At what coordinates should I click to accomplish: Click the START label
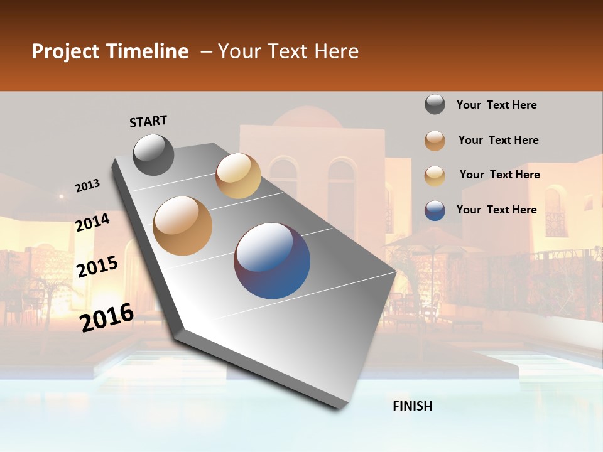pyautogui.click(x=148, y=121)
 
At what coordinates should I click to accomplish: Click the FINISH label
pyautogui.click(x=412, y=406)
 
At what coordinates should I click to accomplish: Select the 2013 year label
pyautogui.click(x=87, y=186)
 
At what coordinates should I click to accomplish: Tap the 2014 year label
pyautogui.click(x=93, y=222)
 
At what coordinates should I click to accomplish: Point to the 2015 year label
pyautogui.click(x=97, y=267)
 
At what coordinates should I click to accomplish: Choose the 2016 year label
pyautogui.click(x=107, y=318)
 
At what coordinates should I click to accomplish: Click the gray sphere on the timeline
pyautogui.click(x=153, y=154)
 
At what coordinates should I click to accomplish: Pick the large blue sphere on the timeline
pyautogui.click(x=272, y=261)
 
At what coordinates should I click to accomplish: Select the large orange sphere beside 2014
pyautogui.click(x=183, y=226)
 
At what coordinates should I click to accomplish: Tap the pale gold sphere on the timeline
pyautogui.click(x=238, y=176)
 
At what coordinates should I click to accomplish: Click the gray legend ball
pyautogui.click(x=435, y=105)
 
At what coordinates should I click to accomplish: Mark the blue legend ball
pyautogui.click(x=435, y=210)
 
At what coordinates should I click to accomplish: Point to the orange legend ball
pyautogui.click(x=435, y=141)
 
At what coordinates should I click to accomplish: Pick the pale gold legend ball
pyautogui.click(x=435, y=175)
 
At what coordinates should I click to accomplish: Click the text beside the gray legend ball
pyautogui.click(x=496, y=105)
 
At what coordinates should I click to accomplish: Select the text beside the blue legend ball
pyautogui.click(x=496, y=210)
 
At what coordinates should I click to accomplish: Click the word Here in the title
pyautogui.click(x=336, y=51)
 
